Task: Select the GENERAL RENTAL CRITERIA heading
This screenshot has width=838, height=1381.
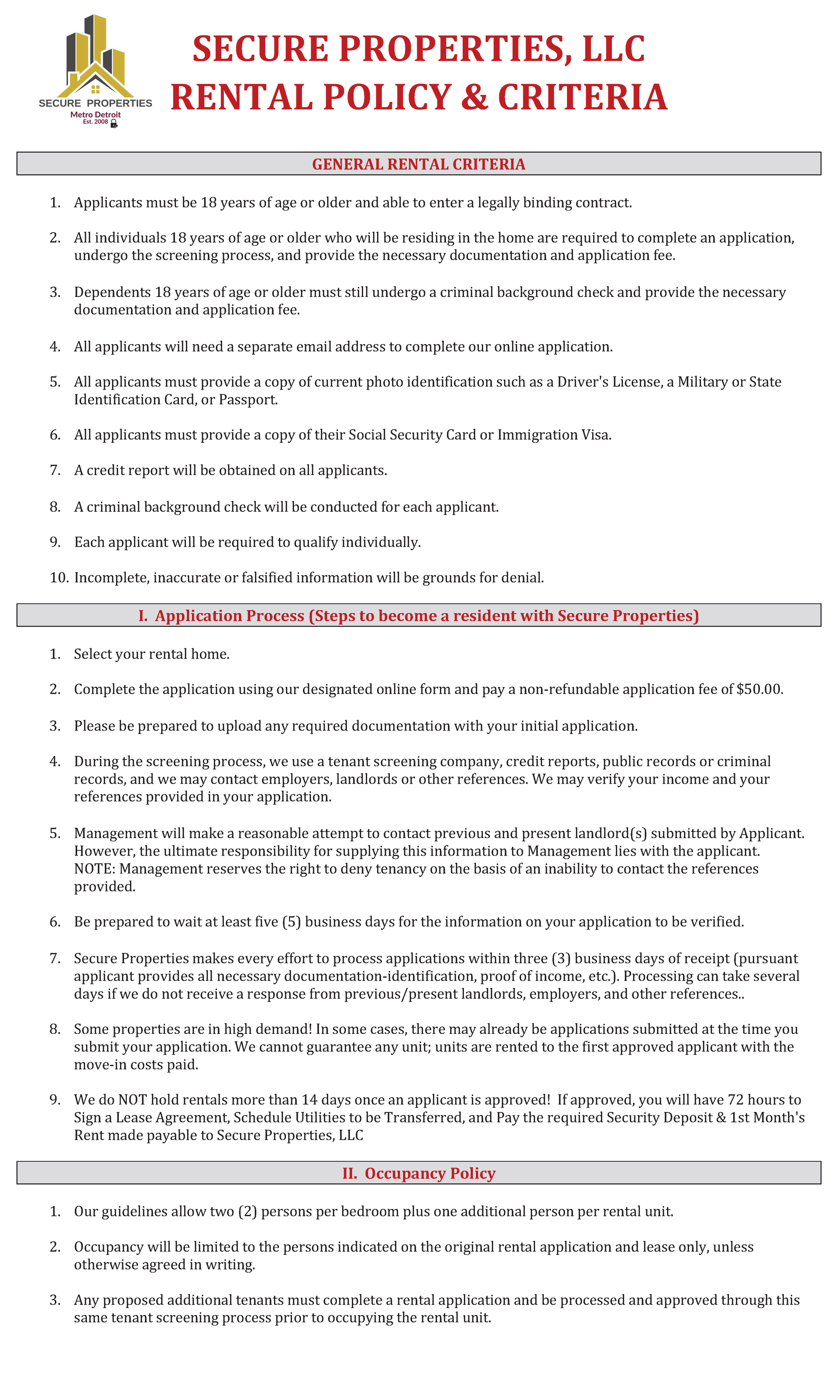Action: [419, 164]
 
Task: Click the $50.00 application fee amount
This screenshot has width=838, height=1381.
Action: [759, 689]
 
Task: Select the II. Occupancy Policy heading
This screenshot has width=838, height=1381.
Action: [419, 1173]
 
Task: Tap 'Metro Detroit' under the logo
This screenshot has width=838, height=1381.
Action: [95, 114]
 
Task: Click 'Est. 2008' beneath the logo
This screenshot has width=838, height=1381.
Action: [95, 121]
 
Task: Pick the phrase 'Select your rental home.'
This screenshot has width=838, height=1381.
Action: [152, 654]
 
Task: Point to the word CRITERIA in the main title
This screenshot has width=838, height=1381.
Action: [582, 97]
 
